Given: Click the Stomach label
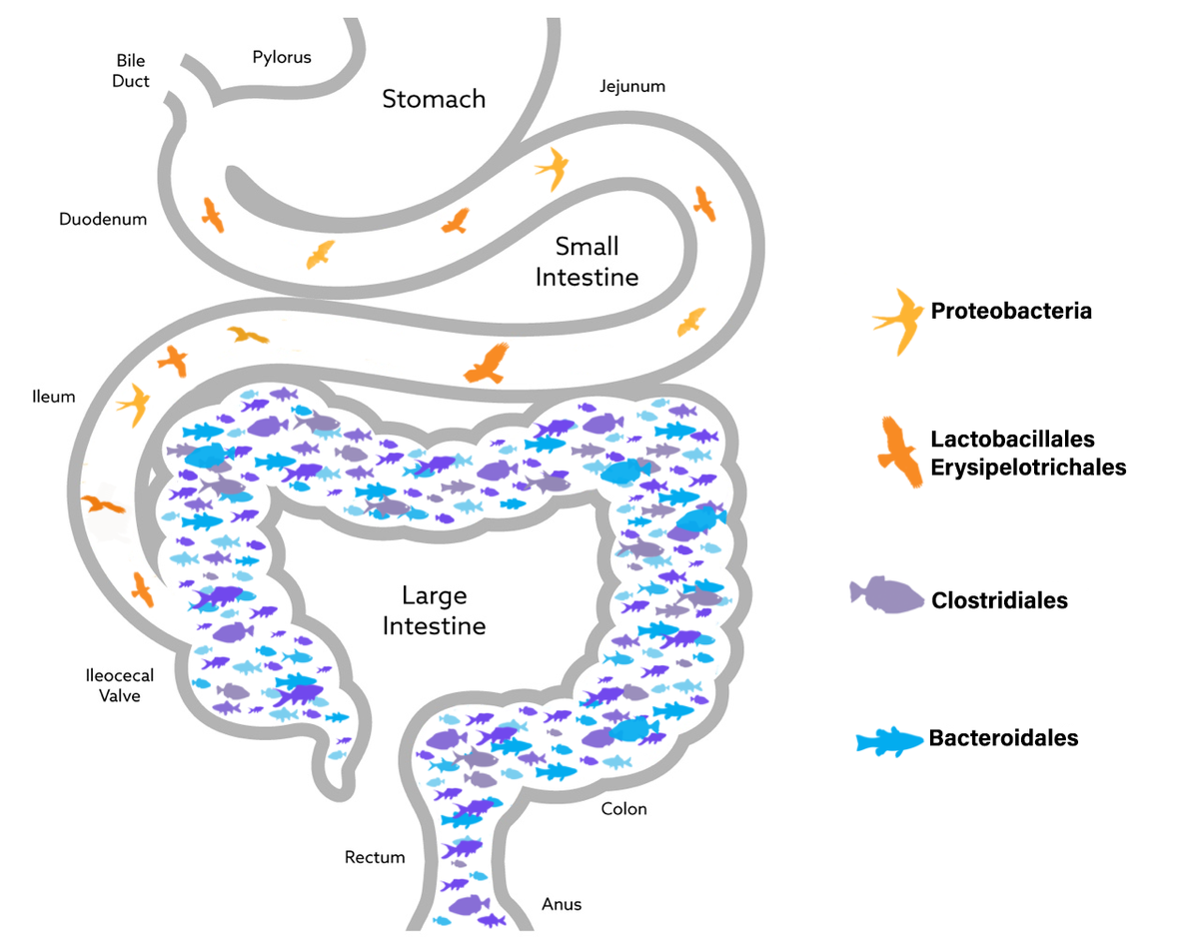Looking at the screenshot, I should (434, 99).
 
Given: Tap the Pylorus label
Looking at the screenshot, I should (281, 57).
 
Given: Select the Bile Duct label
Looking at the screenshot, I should (131, 72).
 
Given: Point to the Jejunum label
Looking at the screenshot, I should (631, 86).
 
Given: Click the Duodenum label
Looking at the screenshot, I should (103, 219).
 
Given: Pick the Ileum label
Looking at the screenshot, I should (53, 397).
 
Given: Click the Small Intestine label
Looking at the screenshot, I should (587, 262).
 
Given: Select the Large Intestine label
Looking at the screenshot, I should (434, 611).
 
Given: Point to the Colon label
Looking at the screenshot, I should (623, 808).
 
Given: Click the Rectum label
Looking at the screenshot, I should (375, 857).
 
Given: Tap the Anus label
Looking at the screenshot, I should (562, 904).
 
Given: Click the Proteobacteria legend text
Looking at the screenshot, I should (1011, 311).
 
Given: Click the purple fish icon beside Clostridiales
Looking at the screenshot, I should (886, 595).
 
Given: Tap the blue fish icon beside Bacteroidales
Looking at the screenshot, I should (888, 741).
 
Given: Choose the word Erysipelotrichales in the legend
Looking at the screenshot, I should (1028, 467).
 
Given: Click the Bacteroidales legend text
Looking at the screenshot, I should (1003, 738).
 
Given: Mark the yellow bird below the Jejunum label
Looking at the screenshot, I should (552, 168).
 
